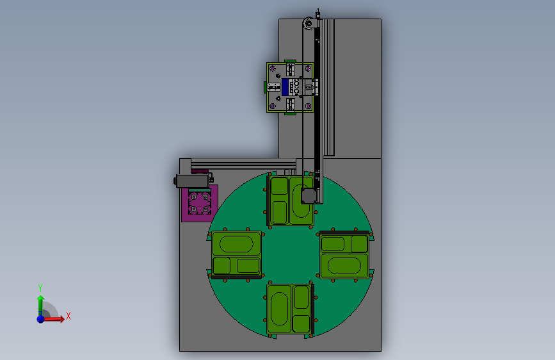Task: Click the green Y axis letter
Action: point(40,288)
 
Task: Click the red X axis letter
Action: point(68,316)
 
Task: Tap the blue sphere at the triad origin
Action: point(41,319)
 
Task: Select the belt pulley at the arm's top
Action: point(309,24)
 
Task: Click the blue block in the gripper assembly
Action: point(286,87)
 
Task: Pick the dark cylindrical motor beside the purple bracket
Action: point(193,181)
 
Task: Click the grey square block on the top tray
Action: point(309,196)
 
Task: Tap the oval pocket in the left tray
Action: point(236,244)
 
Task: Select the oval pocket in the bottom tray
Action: point(280,309)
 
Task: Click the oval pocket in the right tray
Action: point(344,266)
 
